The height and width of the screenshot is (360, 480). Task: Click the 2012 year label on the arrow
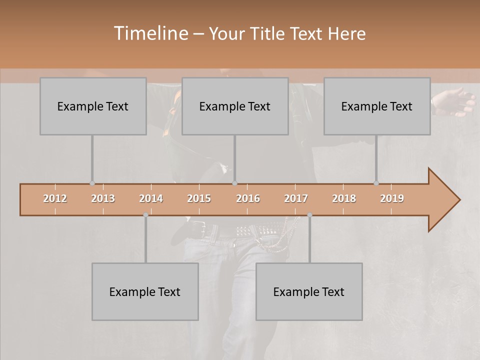pos(55,198)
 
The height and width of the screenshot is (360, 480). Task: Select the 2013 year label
pos(103,198)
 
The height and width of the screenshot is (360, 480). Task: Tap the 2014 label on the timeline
pos(151,198)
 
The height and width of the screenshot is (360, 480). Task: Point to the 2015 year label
pos(199,198)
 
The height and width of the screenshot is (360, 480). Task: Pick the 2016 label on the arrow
pos(248,198)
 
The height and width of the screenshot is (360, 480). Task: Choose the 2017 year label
pos(296,198)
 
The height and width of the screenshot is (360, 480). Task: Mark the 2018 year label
pos(344,198)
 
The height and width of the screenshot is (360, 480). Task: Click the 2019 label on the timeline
pos(392,198)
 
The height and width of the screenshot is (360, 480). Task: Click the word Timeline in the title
pos(150,33)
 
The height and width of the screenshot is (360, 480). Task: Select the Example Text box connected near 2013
pos(93,106)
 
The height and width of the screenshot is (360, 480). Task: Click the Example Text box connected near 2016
pos(235,106)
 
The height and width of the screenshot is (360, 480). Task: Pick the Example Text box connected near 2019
pos(377,106)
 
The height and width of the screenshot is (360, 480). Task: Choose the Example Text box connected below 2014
pos(145,291)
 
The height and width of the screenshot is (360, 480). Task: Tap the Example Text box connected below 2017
pos(309,291)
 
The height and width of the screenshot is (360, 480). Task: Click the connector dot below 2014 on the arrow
pos(145,215)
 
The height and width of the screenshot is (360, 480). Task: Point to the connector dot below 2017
pos(309,215)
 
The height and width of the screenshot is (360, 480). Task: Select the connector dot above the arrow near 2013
pos(92,183)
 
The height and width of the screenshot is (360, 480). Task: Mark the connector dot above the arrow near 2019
pos(376,183)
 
